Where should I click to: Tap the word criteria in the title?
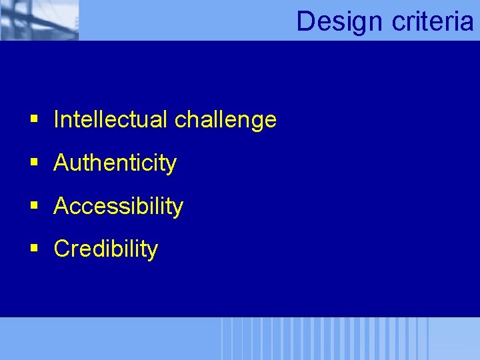[433, 21]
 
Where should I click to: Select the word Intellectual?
[111, 120]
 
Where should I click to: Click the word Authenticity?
[115, 163]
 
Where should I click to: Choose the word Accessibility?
[118, 207]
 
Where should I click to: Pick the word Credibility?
[105, 249]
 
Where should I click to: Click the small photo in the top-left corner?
[39, 20]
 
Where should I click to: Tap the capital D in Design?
[305, 21]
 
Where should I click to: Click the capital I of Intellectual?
[57, 120]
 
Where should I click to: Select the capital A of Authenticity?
[61, 163]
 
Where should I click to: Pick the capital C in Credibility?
[62, 249]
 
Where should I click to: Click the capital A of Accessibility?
[61, 206]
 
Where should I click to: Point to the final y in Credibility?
[153, 251]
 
